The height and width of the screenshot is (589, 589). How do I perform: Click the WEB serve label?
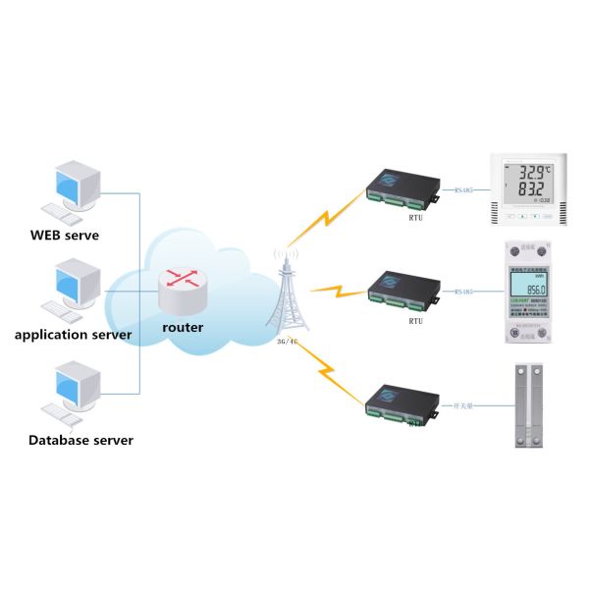65,236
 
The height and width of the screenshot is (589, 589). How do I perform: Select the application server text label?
74,336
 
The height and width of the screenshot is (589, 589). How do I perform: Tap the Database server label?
80,440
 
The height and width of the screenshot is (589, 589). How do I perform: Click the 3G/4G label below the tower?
289,344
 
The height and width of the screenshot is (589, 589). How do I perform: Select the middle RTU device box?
402,287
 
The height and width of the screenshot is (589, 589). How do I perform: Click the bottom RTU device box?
402,402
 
